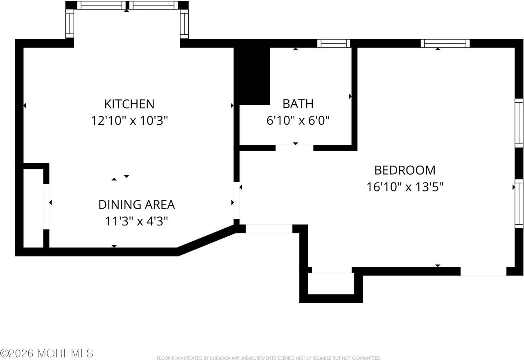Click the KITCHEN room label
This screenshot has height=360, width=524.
tap(129, 104)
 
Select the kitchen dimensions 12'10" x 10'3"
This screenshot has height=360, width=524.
tap(129, 121)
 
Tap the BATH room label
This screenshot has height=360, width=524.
tap(298, 103)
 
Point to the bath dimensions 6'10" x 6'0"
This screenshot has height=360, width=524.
tap(298, 121)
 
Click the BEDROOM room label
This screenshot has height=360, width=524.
tap(405, 170)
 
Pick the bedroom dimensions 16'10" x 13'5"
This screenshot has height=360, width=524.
tap(405, 187)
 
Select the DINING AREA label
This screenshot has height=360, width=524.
tap(136, 204)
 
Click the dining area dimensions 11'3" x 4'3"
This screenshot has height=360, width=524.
tap(136, 221)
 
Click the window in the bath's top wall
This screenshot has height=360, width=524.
tap(334, 43)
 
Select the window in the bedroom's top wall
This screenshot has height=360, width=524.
tap(445, 43)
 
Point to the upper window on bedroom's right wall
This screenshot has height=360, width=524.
tap(519, 123)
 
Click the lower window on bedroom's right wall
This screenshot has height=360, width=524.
tap(519, 203)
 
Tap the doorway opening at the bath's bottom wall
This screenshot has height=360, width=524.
tap(294, 148)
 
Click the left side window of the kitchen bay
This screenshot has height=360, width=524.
tap(70, 24)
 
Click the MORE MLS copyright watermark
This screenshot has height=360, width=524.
tap(47, 353)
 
